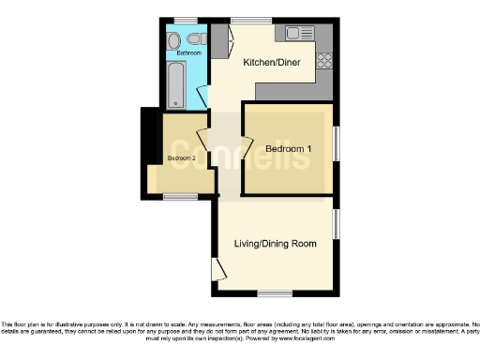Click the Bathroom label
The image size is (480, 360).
tap(188, 52)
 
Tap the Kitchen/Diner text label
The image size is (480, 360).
tap(264, 63)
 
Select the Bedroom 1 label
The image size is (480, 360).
tap(288, 150)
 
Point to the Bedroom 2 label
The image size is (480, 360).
tap(181, 158)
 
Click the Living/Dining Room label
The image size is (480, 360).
tap(275, 244)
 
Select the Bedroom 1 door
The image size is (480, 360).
tap(246, 148)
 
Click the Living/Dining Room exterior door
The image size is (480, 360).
tap(219, 271)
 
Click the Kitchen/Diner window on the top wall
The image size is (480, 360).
tap(246, 21)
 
